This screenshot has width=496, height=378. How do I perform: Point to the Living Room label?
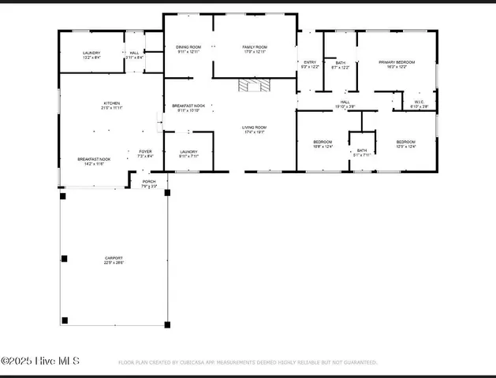[254, 129]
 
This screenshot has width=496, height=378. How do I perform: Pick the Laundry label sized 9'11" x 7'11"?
[188, 154]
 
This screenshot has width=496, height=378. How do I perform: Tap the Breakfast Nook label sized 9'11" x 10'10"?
[188, 107]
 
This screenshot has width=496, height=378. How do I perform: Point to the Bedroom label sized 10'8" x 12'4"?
[323, 143]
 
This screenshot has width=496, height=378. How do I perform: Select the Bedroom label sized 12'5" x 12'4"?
[405, 143]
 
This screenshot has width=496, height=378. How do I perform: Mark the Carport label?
[114, 260]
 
